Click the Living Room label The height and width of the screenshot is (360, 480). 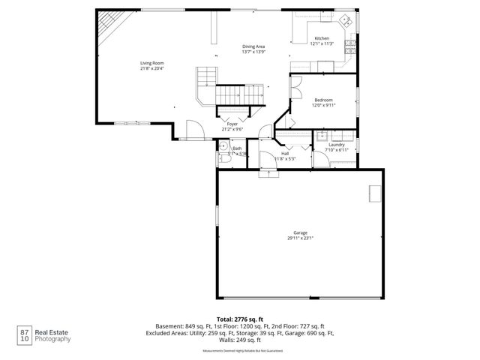pos(152,63)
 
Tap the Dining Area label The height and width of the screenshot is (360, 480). pos(253,46)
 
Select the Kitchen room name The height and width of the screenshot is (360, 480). pos(321,38)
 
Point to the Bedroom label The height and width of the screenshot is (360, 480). pos(324,100)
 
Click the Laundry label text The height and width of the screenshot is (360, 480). pos(337,144)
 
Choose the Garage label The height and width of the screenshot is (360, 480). pos(300,233)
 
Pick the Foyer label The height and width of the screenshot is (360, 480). pos(232,124)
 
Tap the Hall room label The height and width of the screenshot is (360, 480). pos(285,154)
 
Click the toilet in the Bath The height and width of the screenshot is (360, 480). pos(223,160)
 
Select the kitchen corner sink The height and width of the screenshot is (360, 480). pos(346,20)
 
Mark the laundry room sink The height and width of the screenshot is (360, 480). pos(320,136)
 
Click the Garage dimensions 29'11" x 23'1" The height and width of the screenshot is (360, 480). pos(300,238)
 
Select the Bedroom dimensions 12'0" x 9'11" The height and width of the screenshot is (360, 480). pos(324,105)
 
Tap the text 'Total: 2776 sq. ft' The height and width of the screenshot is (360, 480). pos(240,319)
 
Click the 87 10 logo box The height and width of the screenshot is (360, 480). pos(25,334)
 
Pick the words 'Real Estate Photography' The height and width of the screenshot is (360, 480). pos(54,335)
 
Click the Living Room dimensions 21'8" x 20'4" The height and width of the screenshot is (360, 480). pos(152,68)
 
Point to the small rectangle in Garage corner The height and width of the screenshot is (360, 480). pos(373,193)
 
